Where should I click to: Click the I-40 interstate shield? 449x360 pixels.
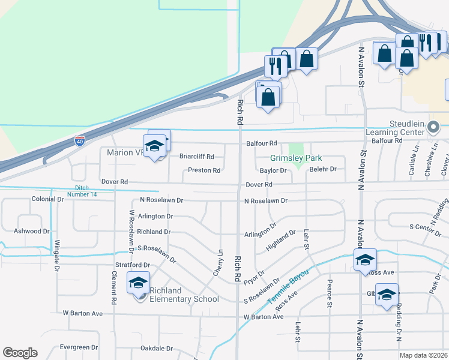point(80,141)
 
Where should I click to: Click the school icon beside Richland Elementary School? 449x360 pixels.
point(139,282)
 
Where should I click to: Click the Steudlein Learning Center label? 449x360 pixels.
point(400,128)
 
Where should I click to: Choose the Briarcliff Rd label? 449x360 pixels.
point(196,157)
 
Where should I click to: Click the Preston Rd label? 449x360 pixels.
point(204,170)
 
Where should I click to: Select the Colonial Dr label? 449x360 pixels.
point(47,199)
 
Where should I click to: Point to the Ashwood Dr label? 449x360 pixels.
point(31,231)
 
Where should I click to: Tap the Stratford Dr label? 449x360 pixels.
point(132,265)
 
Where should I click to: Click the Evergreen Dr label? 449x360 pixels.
point(79,347)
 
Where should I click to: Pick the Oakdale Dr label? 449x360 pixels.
point(156,348)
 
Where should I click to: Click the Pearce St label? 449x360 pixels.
point(330,293)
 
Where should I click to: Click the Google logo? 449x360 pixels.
point(20,353)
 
